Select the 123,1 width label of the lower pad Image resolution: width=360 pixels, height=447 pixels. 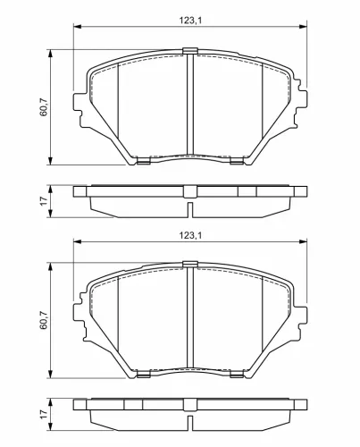click(x=190, y=235)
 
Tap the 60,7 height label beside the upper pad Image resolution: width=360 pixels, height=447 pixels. click(x=44, y=107)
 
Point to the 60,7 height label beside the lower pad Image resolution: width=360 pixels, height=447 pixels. click(x=44, y=320)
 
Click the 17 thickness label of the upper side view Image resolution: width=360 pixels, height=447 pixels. click(x=44, y=201)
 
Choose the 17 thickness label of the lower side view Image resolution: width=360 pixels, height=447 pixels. click(x=44, y=414)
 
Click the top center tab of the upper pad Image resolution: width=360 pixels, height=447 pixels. click(x=190, y=51)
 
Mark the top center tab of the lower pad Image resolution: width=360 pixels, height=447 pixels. click(x=190, y=264)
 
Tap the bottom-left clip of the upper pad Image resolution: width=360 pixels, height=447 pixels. click(x=143, y=161)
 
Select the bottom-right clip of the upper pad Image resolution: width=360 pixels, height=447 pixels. click(x=238, y=161)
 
